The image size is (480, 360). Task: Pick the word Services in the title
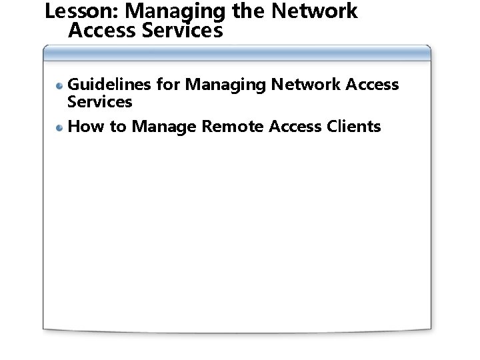[186, 30]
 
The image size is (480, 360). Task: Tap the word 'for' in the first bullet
[168, 85]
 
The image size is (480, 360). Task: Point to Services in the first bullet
[100, 102]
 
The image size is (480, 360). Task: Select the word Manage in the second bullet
[163, 126]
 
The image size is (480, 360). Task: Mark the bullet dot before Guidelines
[60, 85]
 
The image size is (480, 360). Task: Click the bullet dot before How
[60, 127]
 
